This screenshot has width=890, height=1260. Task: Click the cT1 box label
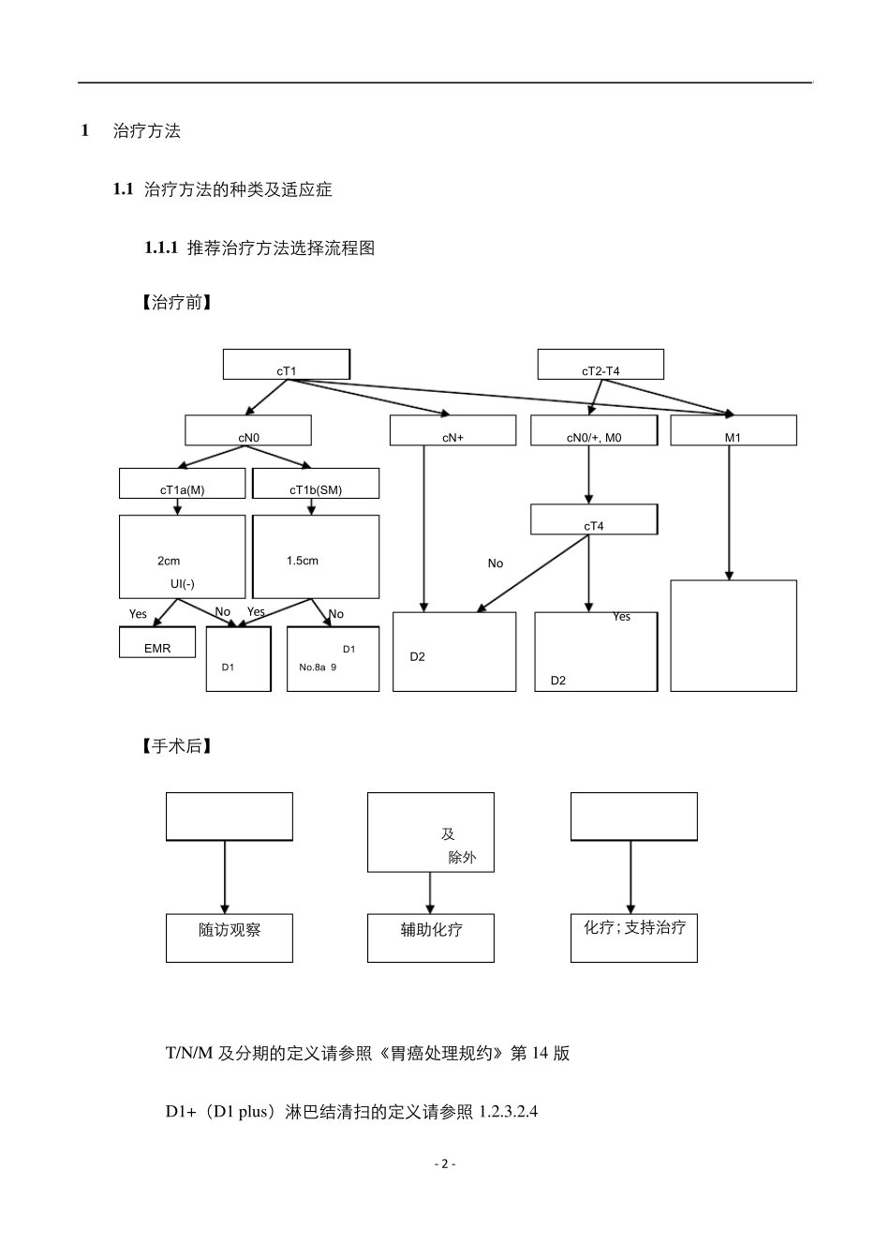(x=286, y=371)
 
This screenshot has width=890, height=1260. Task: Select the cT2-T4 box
(x=601, y=365)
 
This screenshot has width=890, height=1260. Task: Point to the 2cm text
(x=169, y=561)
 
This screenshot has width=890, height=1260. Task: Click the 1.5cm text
(x=303, y=561)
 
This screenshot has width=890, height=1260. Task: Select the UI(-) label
(x=183, y=584)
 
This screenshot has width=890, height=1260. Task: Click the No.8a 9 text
(x=318, y=667)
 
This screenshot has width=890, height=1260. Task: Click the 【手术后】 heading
(x=176, y=746)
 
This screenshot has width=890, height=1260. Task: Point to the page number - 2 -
(x=445, y=1163)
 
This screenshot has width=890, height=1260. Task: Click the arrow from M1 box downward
(x=730, y=511)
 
